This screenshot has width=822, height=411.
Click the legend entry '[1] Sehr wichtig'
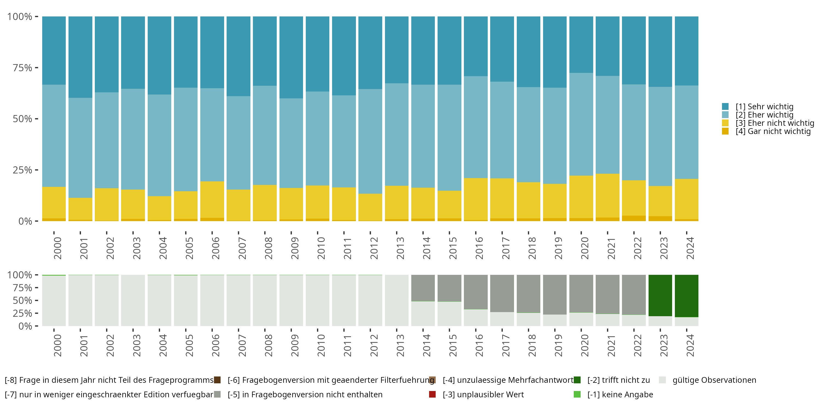(764, 107)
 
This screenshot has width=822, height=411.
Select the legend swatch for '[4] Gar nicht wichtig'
(725, 131)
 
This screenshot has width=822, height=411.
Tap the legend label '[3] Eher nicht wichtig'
(775, 123)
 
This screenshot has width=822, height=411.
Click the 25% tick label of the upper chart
(22, 170)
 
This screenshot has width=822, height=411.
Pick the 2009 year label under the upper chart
(295, 248)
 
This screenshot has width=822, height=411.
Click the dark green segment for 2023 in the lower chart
(660, 295)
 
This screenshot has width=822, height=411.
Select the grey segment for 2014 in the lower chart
(423, 288)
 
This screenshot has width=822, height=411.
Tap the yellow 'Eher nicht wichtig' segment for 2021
(607, 195)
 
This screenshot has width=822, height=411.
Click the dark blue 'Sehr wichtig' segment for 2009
(291, 58)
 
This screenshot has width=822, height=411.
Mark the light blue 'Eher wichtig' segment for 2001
(80, 147)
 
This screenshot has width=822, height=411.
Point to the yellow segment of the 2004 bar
(159, 208)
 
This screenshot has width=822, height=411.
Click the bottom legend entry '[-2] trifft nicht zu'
(618, 380)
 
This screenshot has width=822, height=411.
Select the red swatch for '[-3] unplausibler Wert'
(432, 394)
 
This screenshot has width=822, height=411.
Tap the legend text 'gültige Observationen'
(714, 380)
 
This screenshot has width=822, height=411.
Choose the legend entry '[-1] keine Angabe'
(620, 394)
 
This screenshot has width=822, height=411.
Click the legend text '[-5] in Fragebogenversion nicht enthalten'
(305, 394)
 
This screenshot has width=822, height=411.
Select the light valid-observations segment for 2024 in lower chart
(686, 322)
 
